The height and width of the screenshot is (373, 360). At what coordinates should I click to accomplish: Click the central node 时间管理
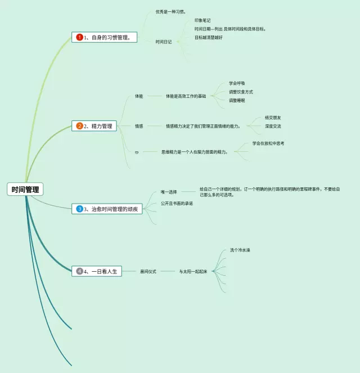click(x=25, y=190)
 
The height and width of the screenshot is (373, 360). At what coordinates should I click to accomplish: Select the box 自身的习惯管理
click(x=105, y=38)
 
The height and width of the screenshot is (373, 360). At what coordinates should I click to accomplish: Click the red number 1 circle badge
click(x=79, y=38)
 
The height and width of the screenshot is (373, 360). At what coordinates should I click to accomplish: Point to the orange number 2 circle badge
click(x=79, y=126)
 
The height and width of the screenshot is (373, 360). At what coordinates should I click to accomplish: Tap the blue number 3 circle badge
click(x=79, y=209)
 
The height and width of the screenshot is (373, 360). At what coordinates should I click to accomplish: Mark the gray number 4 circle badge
click(x=79, y=271)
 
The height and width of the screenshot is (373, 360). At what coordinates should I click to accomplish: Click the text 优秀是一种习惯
click(x=171, y=11)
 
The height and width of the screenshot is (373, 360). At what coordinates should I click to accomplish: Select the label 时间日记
click(x=164, y=42)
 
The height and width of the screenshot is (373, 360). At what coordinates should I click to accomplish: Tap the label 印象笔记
click(x=202, y=20)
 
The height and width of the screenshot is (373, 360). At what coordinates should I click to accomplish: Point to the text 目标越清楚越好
click(x=208, y=38)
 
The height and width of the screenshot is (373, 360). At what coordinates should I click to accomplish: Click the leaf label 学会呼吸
click(x=237, y=83)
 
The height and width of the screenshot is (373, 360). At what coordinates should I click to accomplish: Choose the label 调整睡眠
click(x=237, y=100)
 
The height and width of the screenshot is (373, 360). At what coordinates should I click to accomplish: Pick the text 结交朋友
click(x=273, y=118)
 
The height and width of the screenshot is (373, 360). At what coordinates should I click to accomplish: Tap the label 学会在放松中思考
click(x=268, y=143)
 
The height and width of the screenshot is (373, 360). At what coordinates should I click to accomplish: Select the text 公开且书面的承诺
click(x=177, y=203)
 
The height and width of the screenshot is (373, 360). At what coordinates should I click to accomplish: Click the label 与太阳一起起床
click(x=193, y=271)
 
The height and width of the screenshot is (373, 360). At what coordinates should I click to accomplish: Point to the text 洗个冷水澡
click(x=240, y=250)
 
